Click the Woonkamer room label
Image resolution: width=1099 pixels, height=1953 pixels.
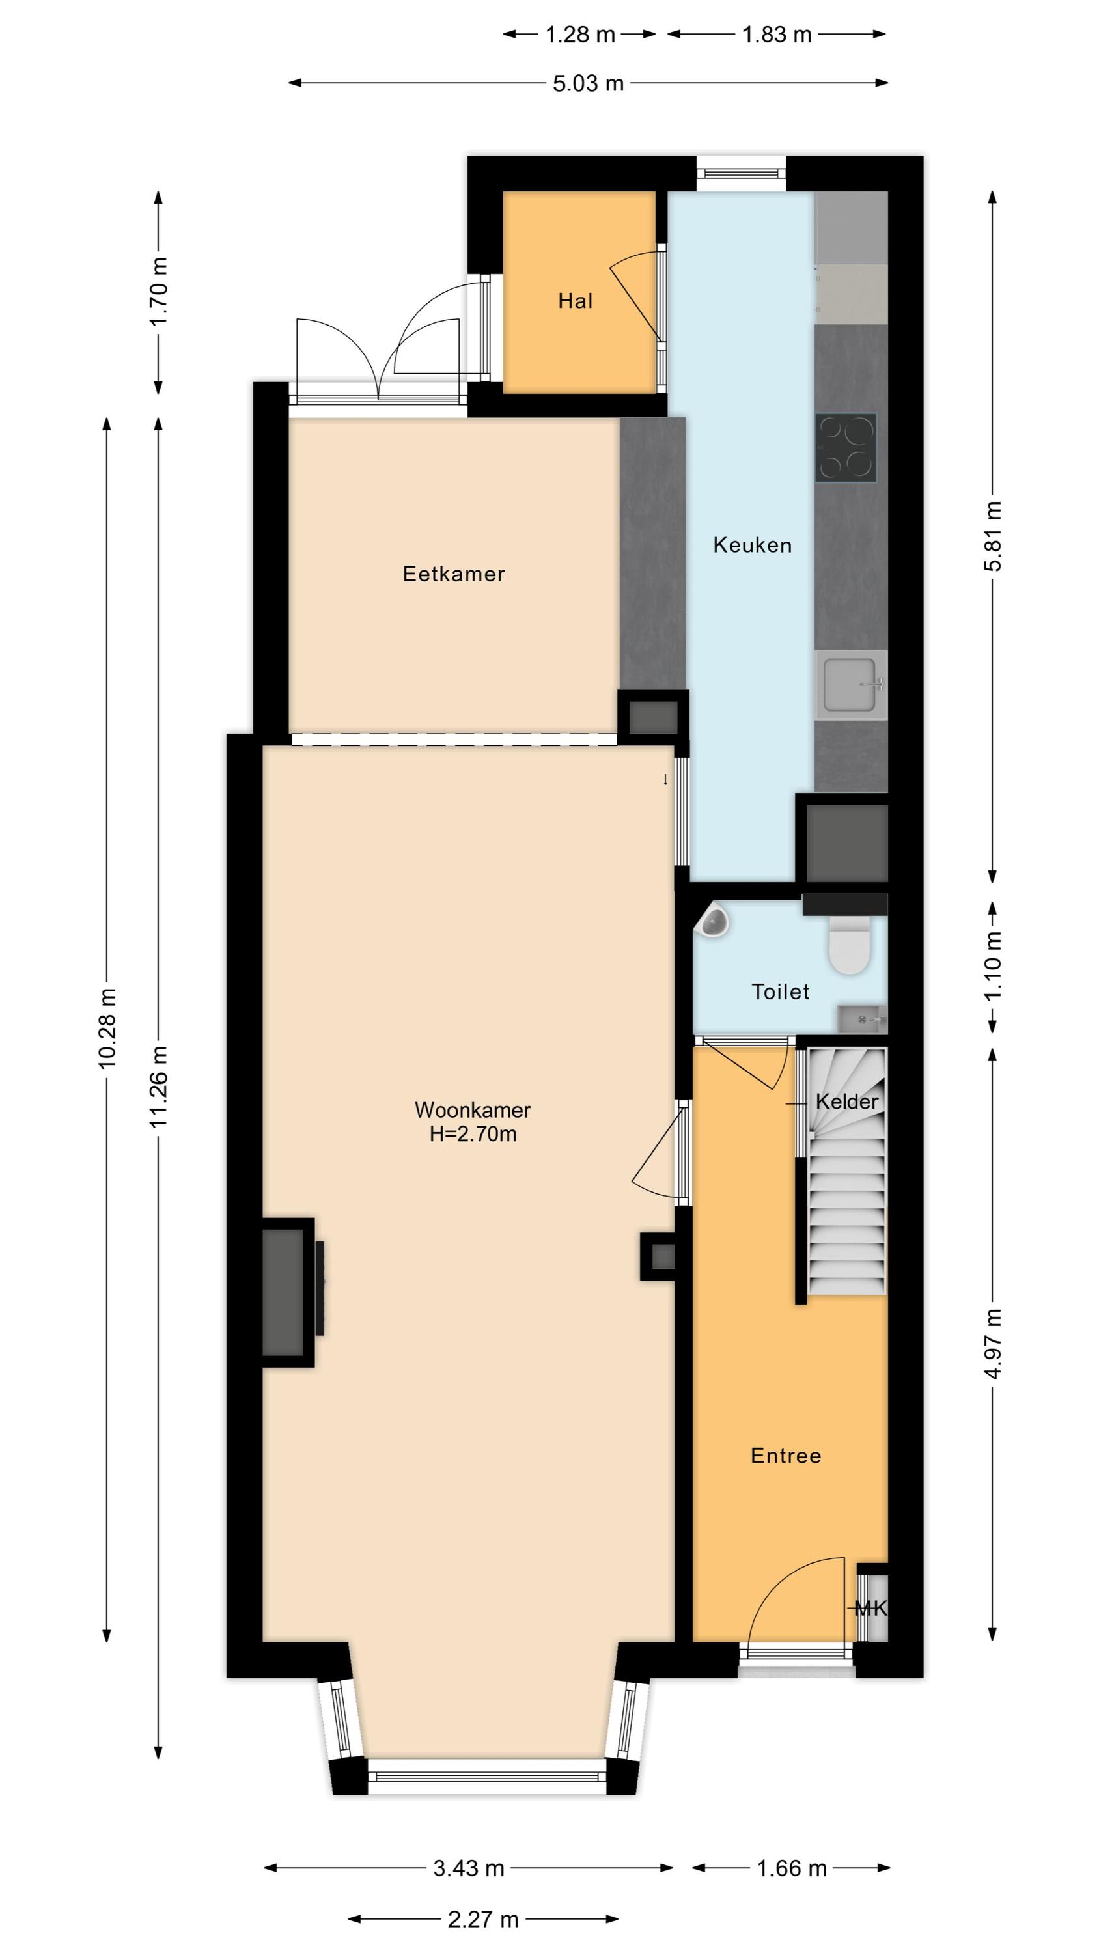pyautogui.click(x=473, y=1110)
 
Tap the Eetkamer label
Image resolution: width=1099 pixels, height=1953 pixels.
pyautogui.click(x=454, y=574)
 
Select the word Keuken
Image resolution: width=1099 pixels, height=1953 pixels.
pyautogui.click(x=753, y=545)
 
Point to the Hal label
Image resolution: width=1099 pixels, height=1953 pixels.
pyautogui.click(x=575, y=301)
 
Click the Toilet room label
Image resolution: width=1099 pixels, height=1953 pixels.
pyautogui.click(x=781, y=991)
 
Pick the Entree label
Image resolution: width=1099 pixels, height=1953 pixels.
pyautogui.click(x=786, y=1456)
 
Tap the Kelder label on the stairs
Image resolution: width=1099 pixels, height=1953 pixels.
pyautogui.click(x=846, y=1101)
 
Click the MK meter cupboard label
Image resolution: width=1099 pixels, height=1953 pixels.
pyautogui.click(x=870, y=1608)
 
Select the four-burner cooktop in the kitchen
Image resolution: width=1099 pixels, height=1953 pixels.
pyautogui.click(x=846, y=447)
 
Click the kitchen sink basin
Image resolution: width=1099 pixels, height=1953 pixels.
pyautogui.click(x=850, y=686)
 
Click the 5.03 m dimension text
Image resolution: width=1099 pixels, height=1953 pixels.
pyautogui.click(x=588, y=83)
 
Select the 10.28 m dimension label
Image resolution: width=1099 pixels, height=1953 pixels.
pyautogui.click(x=107, y=1029)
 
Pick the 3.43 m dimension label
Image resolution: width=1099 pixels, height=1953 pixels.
pyautogui.click(x=469, y=1868)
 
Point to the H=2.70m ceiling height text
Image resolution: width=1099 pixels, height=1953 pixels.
pyautogui.click(x=473, y=1134)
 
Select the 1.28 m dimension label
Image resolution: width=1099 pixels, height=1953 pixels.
pyautogui.click(x=580, y=34)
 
